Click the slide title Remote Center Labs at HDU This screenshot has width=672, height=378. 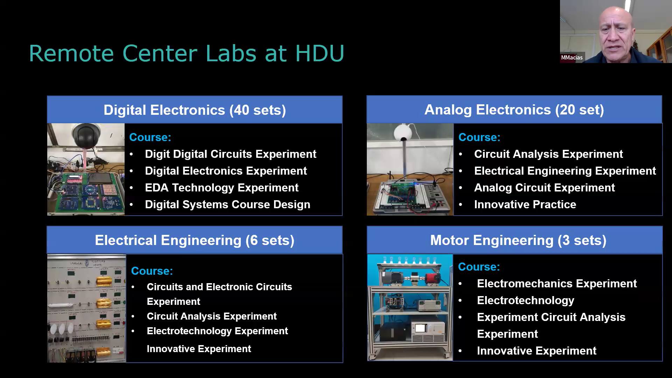[x=187, y=54]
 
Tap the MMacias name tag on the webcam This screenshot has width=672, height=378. [x=572, y=57]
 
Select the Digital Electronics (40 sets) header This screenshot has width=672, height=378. [x=195, y=110]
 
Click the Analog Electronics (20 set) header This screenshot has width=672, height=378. [x=514, y=110]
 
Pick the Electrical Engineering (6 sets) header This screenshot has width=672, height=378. [x=195, y=240]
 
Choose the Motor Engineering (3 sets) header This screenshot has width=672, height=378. [x=518, y=240]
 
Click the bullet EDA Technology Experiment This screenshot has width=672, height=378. [x=222, y=188]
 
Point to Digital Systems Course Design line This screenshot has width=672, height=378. [x=227, y=204]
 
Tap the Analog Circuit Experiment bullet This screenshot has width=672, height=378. [x=544, y=188]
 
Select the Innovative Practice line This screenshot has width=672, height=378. [x=525, y=204]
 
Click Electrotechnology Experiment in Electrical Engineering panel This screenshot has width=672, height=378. [x=217, y=331]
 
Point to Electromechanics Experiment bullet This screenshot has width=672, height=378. [x=557, y=283]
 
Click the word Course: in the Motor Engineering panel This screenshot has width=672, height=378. [x=479, y=267]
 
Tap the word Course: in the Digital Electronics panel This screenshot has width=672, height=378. [x=150, y=137]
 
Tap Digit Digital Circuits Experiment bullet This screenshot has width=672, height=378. [x=231, y=154]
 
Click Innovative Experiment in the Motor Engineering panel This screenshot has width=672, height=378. [x=537, y=351]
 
